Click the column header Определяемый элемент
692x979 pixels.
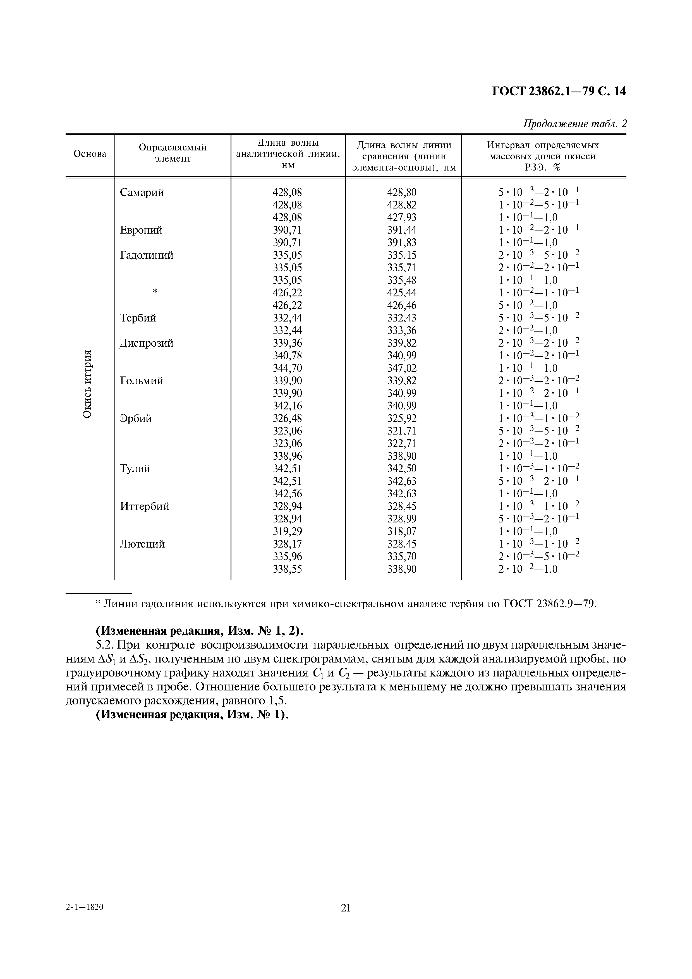click(x=173, y=153)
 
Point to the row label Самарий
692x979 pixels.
click(x=142, y=193)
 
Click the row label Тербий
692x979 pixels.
click(x=138, y=318)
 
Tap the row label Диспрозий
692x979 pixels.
click(x=147, y=343)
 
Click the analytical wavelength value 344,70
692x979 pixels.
click(x=287, y=368)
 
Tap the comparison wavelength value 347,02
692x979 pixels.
click(x=402, y=368)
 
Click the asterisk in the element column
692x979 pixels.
click(x=155, y=291)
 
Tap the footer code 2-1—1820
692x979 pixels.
click(x=85, y=919)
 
